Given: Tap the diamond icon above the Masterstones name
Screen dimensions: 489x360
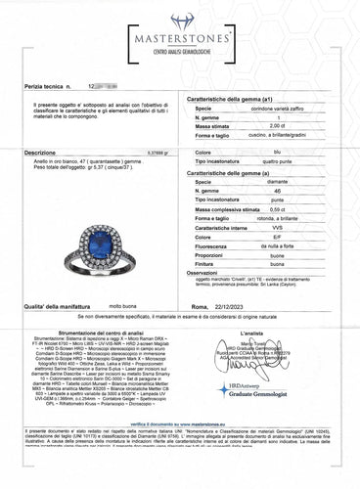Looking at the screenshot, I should (x=179, y=21).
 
